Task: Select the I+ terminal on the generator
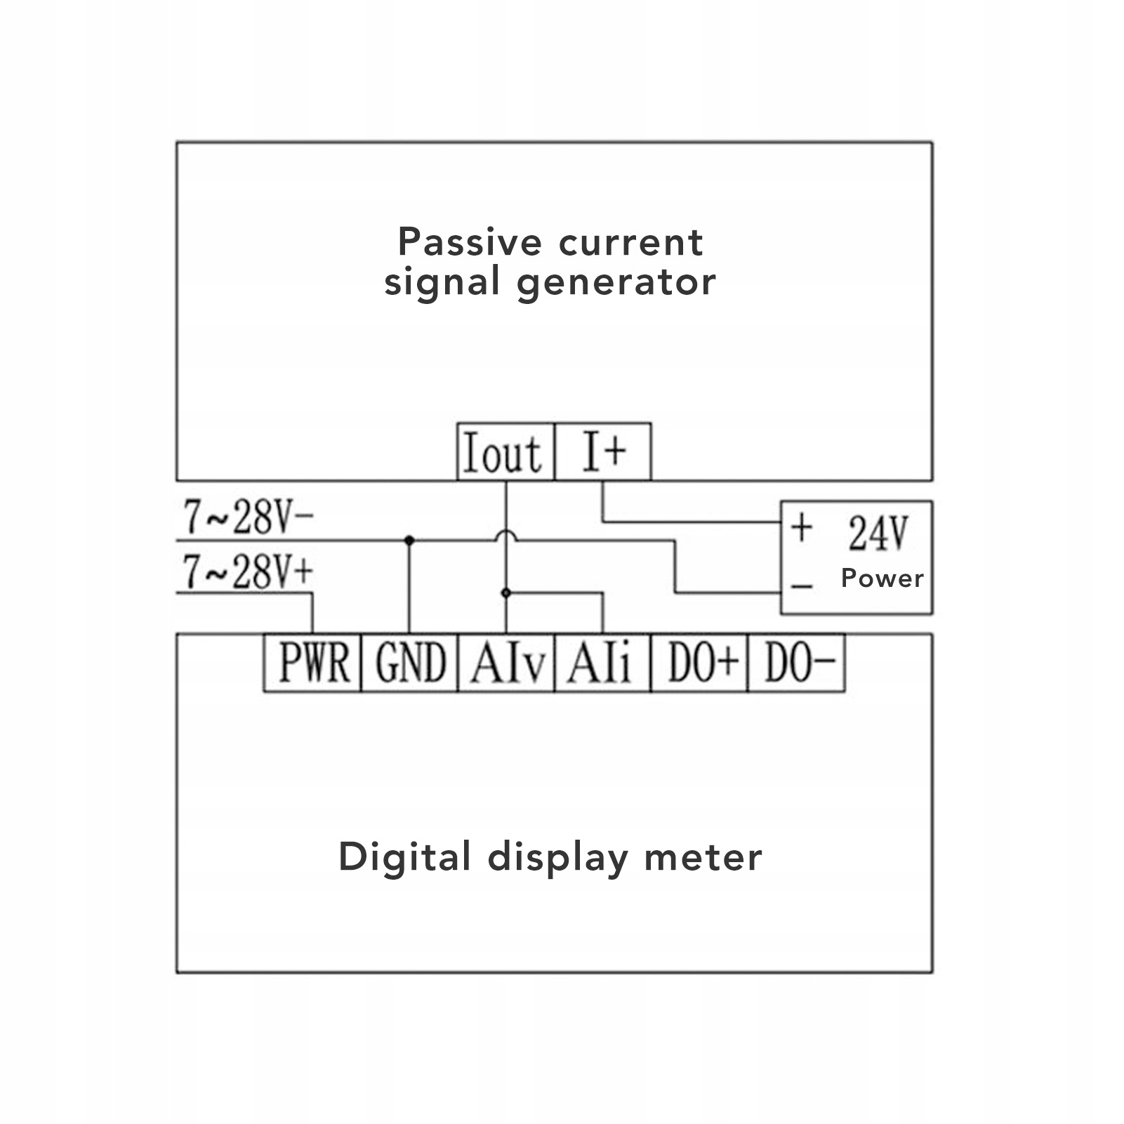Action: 603,452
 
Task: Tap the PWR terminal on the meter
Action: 312,663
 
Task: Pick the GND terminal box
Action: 409,663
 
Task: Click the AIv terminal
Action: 506,663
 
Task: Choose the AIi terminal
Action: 602,663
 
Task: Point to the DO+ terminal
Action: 700,663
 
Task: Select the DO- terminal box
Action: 797,663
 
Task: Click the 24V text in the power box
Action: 878,534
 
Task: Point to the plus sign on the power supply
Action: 802,527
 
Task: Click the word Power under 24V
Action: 882,578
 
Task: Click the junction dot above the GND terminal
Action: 409,541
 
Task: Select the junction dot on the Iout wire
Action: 506,593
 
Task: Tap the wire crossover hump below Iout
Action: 506,536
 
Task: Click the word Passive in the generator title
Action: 470,243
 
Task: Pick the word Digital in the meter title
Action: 404,858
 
